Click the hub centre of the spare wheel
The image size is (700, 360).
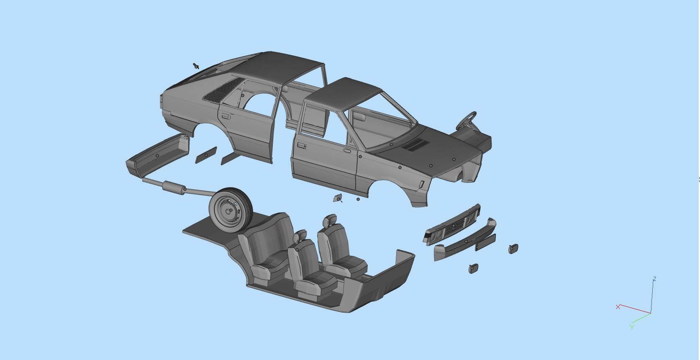tap(230, 211)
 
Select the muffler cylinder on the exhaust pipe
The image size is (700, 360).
tap(173, 188)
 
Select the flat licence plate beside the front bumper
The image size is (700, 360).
tap(485, 242)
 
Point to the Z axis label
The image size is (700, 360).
tap(654, 279)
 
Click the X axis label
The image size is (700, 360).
tap(618, 307)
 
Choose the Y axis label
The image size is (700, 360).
tap(632, 327)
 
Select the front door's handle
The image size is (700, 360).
tap(300, 146)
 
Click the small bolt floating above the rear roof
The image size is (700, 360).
tap(196, 66)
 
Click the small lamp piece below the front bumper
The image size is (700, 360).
tap(474, 268)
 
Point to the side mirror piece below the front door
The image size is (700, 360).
tap(338, 198)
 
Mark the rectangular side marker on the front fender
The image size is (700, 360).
tap(421, 184)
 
